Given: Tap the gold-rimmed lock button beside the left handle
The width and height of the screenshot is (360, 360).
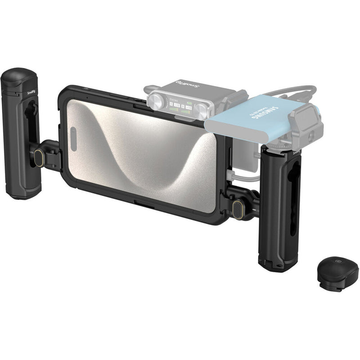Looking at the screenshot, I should (39, 157).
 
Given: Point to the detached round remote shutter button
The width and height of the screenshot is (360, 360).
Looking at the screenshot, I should (337, 274).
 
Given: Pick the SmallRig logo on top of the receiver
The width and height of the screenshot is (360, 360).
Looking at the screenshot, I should (187, 85).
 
